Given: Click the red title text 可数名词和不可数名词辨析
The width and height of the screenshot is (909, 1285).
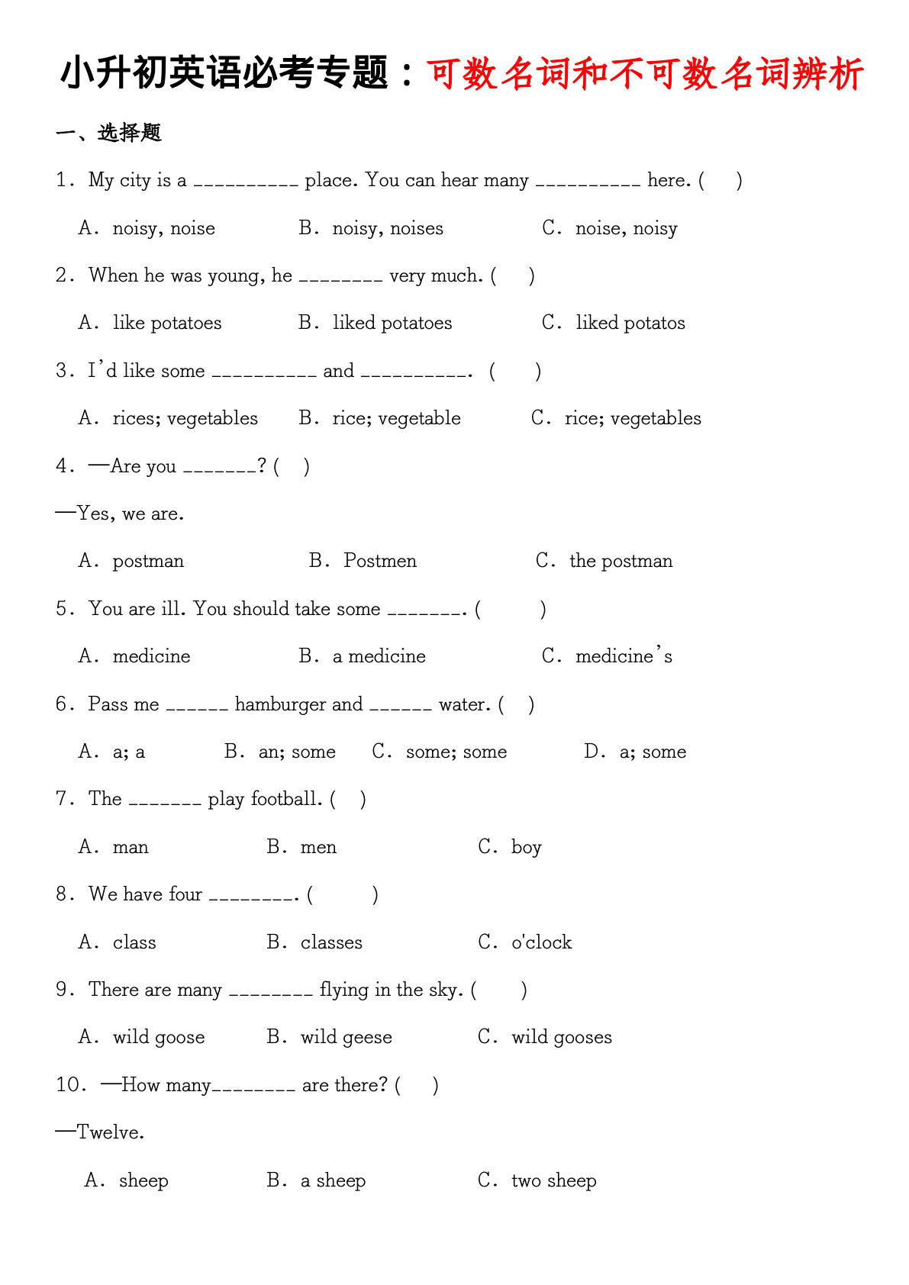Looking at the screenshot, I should (645, 74).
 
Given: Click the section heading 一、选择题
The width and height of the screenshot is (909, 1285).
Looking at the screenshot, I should (108, 133).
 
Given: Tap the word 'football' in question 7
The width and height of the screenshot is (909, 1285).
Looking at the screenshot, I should (285, 799).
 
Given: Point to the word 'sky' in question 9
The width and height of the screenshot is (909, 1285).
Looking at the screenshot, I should (444, 990).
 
